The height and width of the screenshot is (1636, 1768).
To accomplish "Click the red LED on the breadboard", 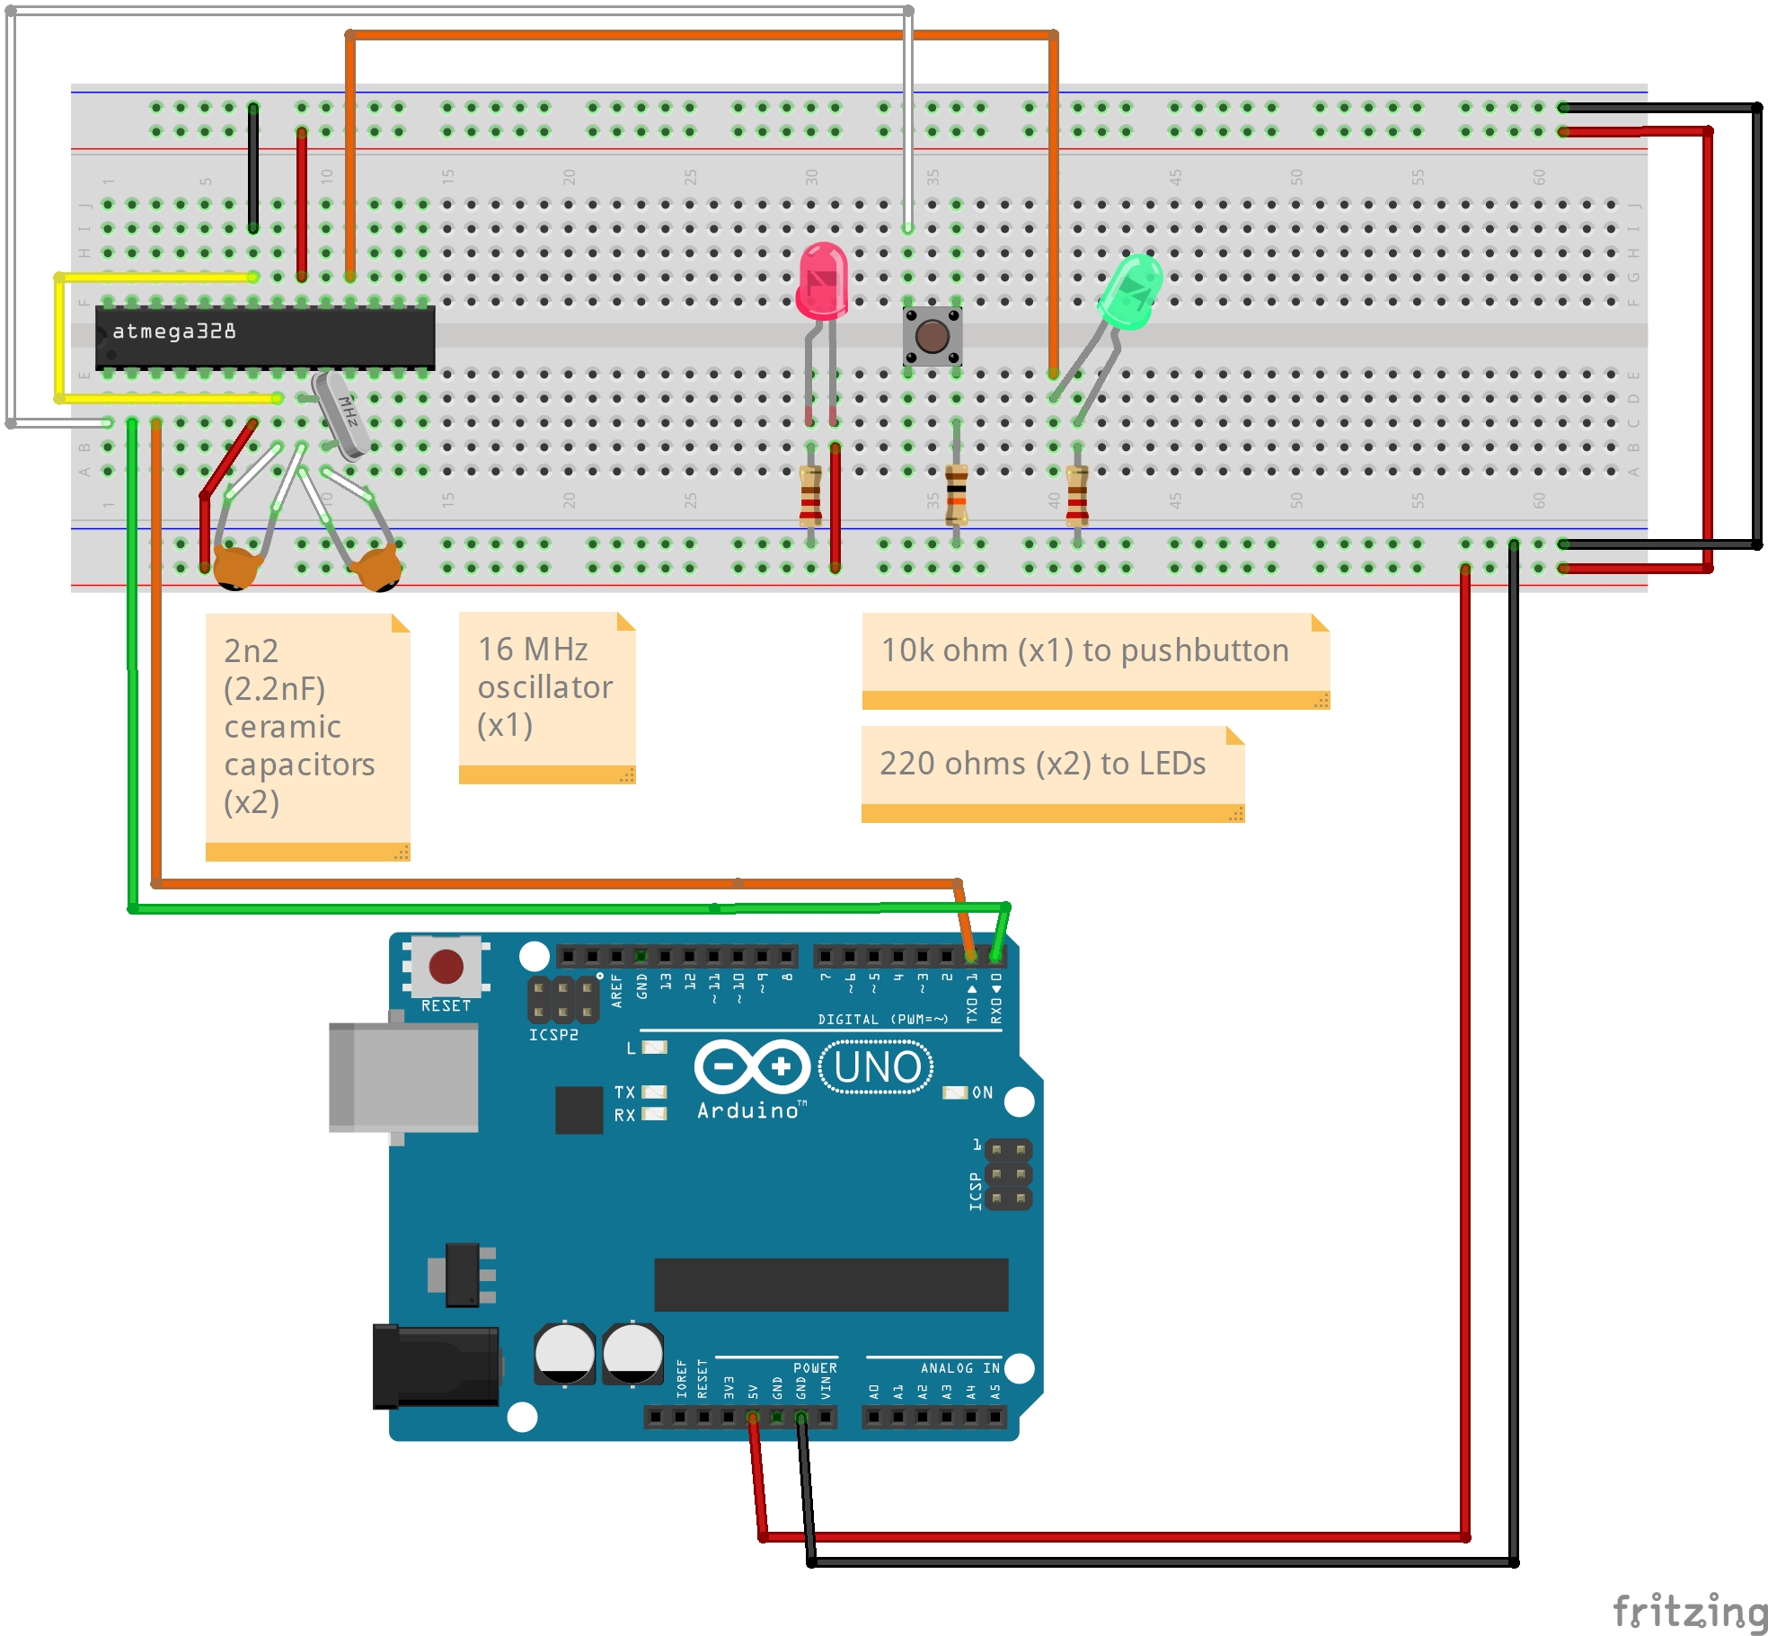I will (822, 280).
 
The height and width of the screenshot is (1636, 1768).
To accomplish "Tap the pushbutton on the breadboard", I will (932, 336).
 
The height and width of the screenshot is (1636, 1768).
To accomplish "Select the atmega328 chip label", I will (174, 332).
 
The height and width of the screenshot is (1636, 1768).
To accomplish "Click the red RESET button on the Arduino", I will (446, 967).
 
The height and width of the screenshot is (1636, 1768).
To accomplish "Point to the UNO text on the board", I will (877, 1067).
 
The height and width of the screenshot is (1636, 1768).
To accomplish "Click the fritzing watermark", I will (1688, 1611).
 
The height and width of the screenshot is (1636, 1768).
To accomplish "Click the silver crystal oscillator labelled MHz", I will (341, 414).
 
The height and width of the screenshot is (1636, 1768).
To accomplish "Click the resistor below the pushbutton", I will (957, 493).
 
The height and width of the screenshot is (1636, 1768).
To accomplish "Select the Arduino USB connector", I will (404, 1076).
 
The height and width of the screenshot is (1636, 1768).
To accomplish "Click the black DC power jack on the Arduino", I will (437, 1366).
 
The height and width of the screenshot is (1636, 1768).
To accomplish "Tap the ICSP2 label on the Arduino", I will (553, 1035).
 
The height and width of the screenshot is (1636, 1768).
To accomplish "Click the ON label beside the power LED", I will (982, 1092).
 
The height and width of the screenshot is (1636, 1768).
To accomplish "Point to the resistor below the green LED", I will (1077, 495).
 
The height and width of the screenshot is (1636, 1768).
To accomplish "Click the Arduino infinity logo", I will (752, 1066).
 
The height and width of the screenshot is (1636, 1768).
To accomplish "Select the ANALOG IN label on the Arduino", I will (959, 1367).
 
